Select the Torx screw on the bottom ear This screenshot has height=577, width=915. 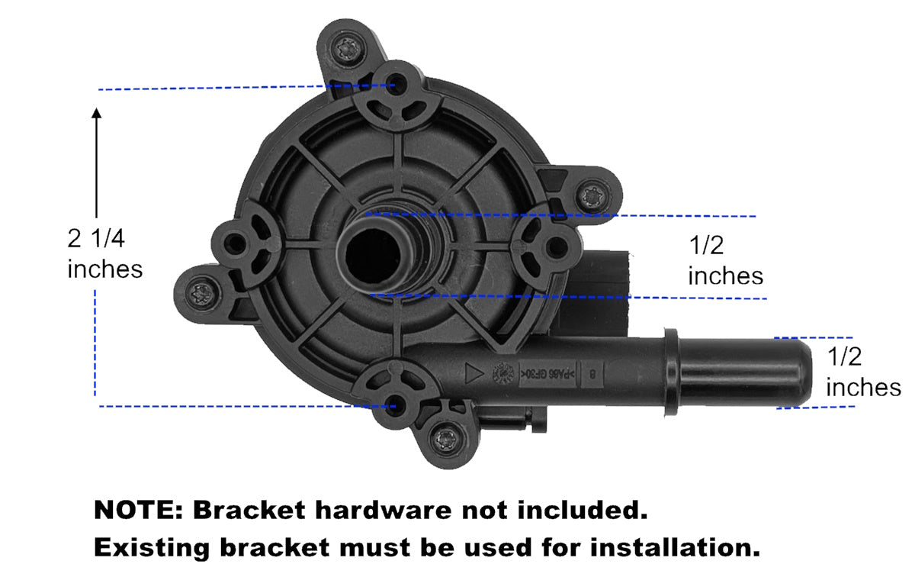click(443, 440)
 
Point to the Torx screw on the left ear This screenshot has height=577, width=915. click(204, 291)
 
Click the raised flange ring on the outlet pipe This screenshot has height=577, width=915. click(670, 372)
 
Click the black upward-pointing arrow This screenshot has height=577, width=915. click(97, 160)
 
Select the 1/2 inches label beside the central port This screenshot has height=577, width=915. click(725, 260)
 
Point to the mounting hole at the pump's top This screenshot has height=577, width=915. click(397, 82)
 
